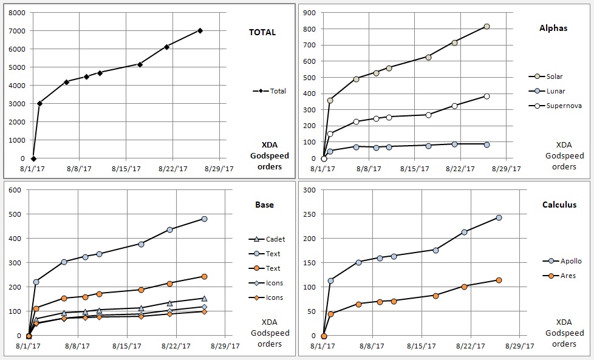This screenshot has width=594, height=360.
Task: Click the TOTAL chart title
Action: point(262,32)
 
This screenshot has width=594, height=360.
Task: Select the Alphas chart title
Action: point(553,28)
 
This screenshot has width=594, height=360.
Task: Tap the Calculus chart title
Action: point(559,205)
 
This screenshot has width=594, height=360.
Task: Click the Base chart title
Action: point(264,205)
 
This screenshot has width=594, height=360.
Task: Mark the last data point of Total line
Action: point(200,30)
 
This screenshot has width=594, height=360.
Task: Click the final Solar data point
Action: point(486,27)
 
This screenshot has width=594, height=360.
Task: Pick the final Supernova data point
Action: point(486,96)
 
